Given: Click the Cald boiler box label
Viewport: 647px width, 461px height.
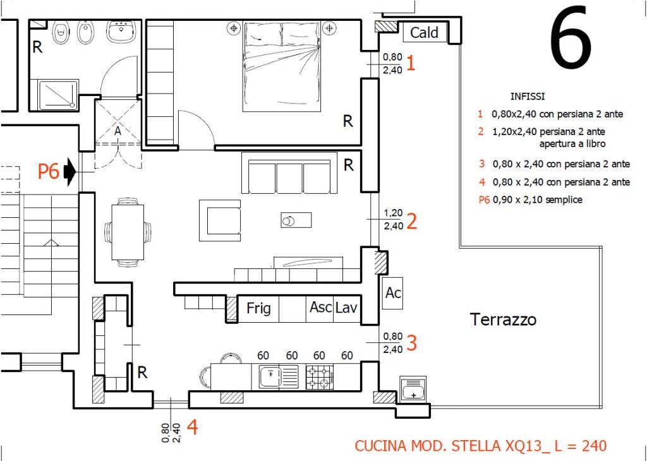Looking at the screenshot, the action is point(424,32).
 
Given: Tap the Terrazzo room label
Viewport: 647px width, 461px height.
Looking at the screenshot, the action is point(504,320).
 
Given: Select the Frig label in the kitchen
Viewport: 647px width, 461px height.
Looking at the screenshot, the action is point(258,308).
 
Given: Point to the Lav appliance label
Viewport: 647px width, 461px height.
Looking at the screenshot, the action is point(346,307).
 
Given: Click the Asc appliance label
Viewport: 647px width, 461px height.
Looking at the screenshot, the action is point(320,307).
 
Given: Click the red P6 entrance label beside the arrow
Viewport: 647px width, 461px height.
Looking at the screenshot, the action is point(49,171).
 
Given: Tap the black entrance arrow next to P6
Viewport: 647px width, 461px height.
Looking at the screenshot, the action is point(70,171).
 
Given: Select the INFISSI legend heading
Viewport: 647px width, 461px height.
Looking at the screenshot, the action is point(528,97).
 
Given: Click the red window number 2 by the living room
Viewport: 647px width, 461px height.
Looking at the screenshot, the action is point(411,221).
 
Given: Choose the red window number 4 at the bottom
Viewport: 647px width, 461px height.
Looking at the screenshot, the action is point(192,427).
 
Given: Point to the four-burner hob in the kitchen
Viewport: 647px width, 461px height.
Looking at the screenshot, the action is point(320,378).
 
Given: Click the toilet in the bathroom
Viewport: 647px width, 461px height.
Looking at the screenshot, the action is point(61,32).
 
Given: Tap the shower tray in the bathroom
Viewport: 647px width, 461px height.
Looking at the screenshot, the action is point(58,95).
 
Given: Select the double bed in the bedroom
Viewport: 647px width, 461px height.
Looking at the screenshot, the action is point(282,67).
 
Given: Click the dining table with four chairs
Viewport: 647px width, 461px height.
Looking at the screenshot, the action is point(128,232).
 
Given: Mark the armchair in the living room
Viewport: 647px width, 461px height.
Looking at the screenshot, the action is point(219,220).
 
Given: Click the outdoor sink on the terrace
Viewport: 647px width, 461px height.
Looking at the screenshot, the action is point(413,388).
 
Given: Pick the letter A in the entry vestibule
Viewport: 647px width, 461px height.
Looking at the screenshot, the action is point(118,131).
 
